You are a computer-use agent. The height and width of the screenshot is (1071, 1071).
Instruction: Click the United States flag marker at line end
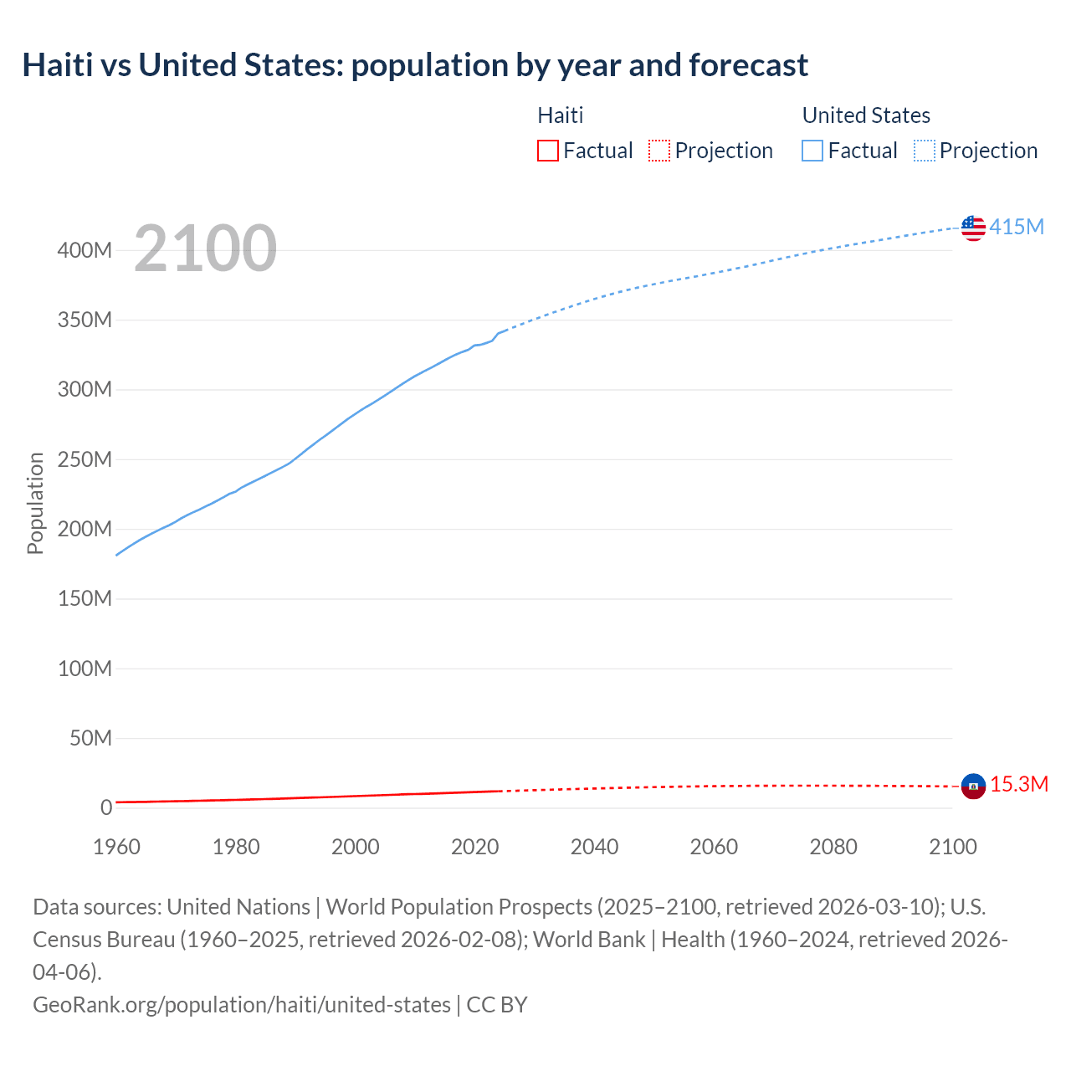[x=973, y=228]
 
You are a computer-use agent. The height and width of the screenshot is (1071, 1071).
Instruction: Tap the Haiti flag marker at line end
[x=973, y=786]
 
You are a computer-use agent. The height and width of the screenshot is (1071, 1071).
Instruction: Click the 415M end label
[x=1017, y=227]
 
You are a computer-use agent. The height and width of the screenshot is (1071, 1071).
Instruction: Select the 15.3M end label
[x=1019, y=784]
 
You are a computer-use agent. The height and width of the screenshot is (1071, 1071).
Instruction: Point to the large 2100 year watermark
[x=205, y=249]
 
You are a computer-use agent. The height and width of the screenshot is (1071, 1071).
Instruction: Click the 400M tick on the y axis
[x=85, y=250]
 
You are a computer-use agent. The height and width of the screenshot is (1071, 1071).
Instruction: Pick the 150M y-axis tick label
[x=85, y=598]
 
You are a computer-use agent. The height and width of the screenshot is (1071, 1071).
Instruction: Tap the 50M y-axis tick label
[x=90, y=738]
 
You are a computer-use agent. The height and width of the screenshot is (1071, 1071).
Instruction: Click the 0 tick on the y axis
[x=105, y=807]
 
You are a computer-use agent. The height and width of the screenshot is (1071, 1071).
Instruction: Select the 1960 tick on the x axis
[x=116, y=847]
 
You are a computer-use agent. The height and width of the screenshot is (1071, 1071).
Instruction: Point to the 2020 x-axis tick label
[x=474, y=847]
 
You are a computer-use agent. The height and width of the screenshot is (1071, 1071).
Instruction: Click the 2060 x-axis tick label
[x=714, y=847]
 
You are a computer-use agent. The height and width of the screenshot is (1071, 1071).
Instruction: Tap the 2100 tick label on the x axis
[x=952, y=847]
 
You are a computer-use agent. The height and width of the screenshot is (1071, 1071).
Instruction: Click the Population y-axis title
[x=35, y=503]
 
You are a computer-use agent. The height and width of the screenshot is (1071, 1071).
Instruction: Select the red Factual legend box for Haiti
[x=548, y=151]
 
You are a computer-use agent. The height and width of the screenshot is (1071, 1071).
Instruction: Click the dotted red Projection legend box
[x=659, y=151]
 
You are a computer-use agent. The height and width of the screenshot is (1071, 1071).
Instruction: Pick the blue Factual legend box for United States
[x=812, y=151]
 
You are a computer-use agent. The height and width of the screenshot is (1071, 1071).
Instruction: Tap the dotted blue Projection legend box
[x=925, y=151]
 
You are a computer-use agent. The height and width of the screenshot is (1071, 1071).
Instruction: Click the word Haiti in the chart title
[x=58, y=64]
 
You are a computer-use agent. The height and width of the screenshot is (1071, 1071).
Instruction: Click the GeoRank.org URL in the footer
[x=241, y=1004]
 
